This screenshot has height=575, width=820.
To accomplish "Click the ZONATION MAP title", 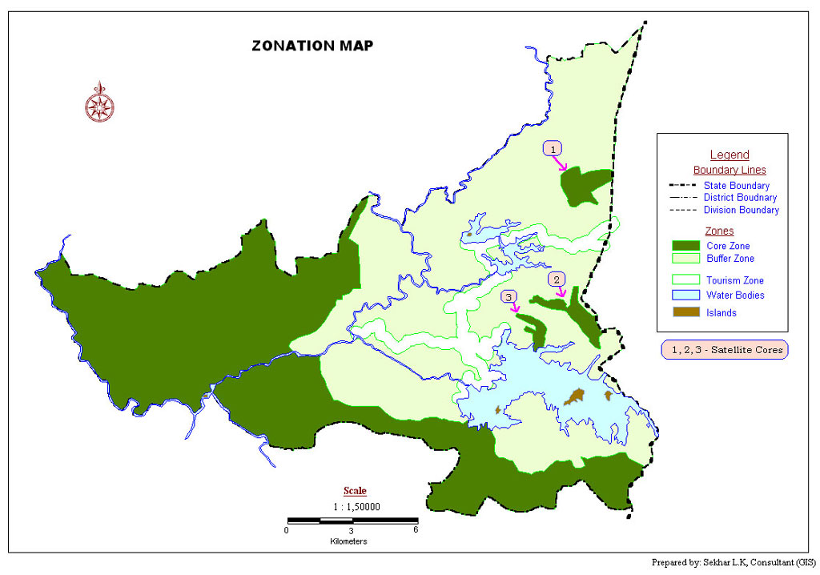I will pos(312,46).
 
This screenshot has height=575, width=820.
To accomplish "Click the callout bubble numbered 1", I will pos(553,148).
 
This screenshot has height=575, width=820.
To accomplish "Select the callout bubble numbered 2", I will pos(557,279).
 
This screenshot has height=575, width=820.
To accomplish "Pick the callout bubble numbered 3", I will pos(509,297).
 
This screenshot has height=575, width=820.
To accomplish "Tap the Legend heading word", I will pos(730,155).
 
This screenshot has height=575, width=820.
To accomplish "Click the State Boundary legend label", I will pos(736,186).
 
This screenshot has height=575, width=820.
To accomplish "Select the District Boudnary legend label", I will pos(740,198).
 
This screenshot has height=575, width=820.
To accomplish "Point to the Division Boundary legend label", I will pos(741,210).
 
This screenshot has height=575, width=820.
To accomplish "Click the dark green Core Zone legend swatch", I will pos(685,246).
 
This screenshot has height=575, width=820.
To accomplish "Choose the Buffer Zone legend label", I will pos(730,259).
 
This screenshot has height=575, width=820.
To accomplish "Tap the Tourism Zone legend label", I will pos(734,280).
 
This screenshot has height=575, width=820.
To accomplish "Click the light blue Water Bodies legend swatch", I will pos(685,295).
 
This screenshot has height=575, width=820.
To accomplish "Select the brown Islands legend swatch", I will pos(685,312).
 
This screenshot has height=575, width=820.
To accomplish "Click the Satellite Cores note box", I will pos(725,350).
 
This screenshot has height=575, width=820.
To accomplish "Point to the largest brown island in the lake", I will pos(573,397).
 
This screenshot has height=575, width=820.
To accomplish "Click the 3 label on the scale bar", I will pos(352,530).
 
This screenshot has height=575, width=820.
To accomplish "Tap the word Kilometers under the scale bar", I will pos(348,542).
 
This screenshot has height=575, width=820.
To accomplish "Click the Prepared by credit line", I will pos(734,563).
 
